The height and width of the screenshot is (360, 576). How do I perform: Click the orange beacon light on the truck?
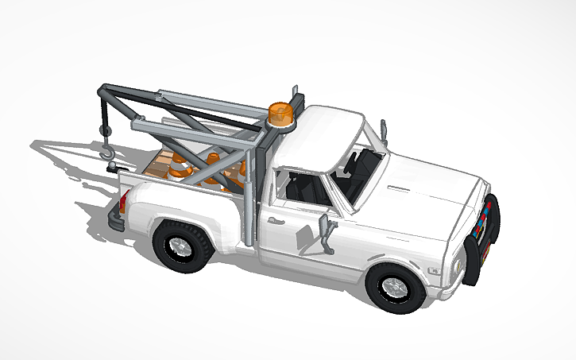tap(280, 113)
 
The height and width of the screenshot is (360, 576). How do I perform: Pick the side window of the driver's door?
tap(306, 188)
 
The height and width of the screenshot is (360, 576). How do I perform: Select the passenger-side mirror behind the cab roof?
tap(383, 127)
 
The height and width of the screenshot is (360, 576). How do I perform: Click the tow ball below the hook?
tap(114, 167)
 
